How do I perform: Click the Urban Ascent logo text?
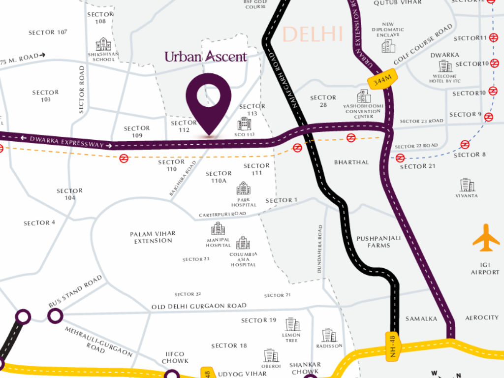coord(206,57)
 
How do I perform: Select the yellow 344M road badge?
coord(382,79)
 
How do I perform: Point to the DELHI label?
coord(313,34)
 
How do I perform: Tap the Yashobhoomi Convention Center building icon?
coord(364,96)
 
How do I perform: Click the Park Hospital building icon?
coord(243,188)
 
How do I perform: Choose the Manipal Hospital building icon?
coord(218,228)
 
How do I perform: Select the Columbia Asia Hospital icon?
coord(243,243)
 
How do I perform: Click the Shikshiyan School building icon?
coord(103,44)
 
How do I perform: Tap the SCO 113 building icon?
coord(244,124)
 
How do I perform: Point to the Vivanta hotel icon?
coord(467,185)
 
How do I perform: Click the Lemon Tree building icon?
coord(292,324)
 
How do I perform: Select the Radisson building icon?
coord(329,335)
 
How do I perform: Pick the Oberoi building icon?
coord(271,355)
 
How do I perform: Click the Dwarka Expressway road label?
coord(67,142)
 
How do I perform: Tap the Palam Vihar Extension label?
coord(153,237)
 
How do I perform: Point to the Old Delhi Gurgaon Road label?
coord(199,306)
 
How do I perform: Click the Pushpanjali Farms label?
coord(378,242)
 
